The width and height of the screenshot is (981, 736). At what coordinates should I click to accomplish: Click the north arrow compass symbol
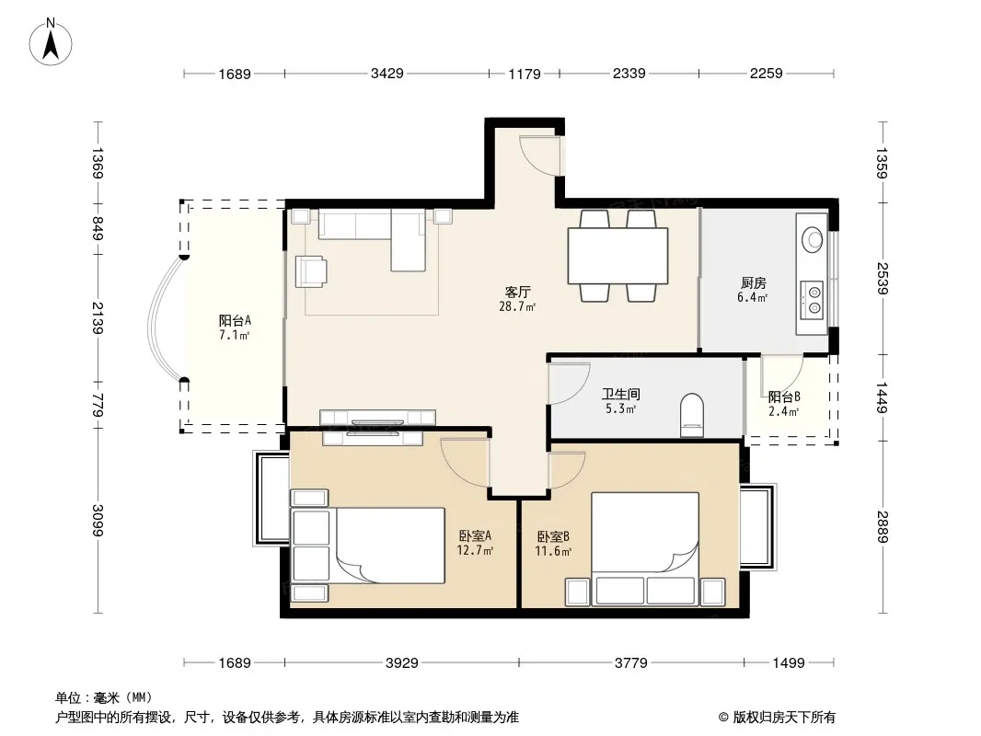click(x=51, y=42)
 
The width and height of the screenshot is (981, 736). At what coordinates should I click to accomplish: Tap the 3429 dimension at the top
click(x=387, y=74)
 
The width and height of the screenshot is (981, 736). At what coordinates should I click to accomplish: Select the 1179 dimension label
click(x=525, y=74)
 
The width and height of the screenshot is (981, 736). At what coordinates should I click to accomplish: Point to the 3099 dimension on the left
click(x=97, y=521)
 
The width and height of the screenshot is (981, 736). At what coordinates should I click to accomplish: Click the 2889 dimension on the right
click(x=882, y=527)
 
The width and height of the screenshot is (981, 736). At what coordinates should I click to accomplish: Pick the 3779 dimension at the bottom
click(x=630, y=662)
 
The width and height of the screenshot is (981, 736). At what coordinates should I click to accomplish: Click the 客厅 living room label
click(x=518, y=292)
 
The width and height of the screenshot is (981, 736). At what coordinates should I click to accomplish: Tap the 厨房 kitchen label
click(x=754, y=282)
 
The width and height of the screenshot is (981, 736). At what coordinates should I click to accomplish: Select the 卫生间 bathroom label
click(x=620, y=394)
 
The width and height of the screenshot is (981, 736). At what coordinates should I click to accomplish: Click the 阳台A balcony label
click(x=236, y=320)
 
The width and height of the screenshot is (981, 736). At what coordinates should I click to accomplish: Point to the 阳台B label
click(x=784, y=397)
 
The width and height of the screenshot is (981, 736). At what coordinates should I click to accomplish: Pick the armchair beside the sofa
click(x=311, y=270)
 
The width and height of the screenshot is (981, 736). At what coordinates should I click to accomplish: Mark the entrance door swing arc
click(x=542, y=159)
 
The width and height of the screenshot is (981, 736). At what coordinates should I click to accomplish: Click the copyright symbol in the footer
click(x=724, y=718)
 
